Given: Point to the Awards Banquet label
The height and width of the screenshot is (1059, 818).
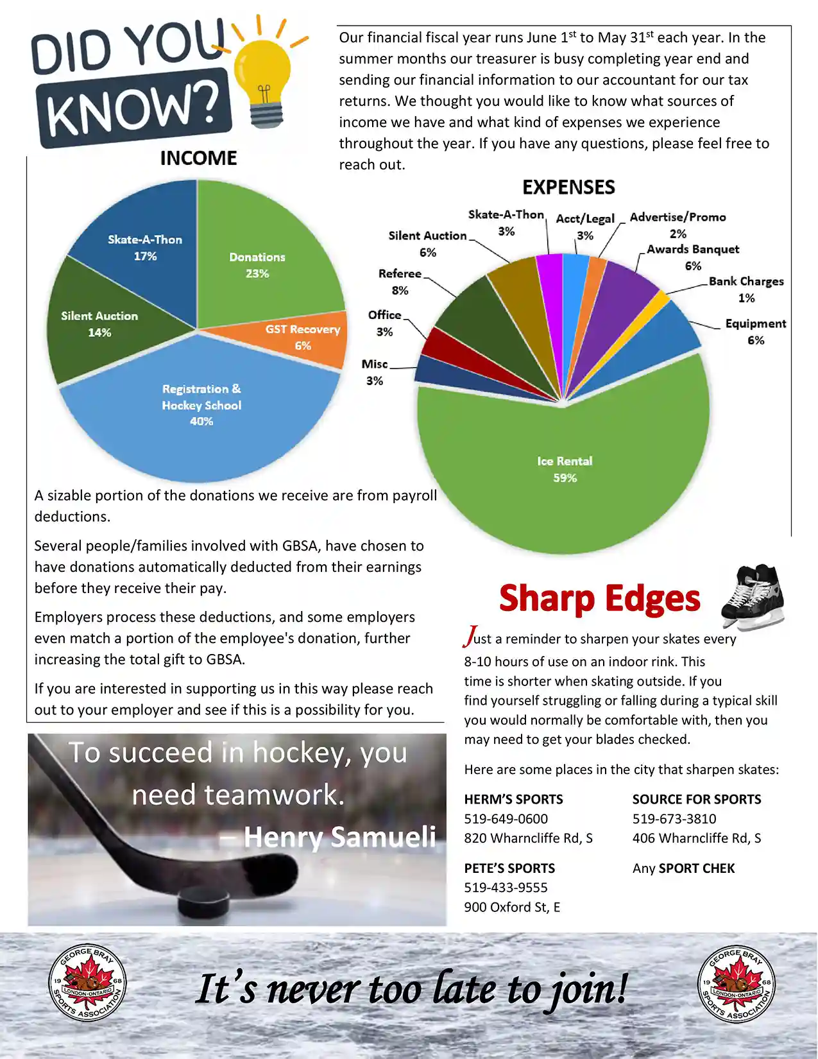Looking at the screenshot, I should [693, 250].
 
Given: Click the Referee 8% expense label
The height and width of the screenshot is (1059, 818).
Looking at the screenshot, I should [400, 282].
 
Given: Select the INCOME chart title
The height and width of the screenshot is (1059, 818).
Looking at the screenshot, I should [198, 159].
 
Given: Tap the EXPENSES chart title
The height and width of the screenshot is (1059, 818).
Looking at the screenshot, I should [568, 187].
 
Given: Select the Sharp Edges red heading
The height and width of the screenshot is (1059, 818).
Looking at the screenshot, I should [599, 598].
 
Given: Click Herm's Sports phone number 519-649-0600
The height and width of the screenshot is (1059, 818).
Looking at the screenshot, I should [506, 819].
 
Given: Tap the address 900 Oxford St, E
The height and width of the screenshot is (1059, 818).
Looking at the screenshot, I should [512, 907].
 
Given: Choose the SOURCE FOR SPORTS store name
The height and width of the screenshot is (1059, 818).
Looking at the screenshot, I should [697, 800].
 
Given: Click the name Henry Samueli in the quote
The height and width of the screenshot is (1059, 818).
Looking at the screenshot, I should [339, 837].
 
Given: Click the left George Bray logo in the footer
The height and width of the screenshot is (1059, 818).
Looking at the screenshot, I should [87, 983].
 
